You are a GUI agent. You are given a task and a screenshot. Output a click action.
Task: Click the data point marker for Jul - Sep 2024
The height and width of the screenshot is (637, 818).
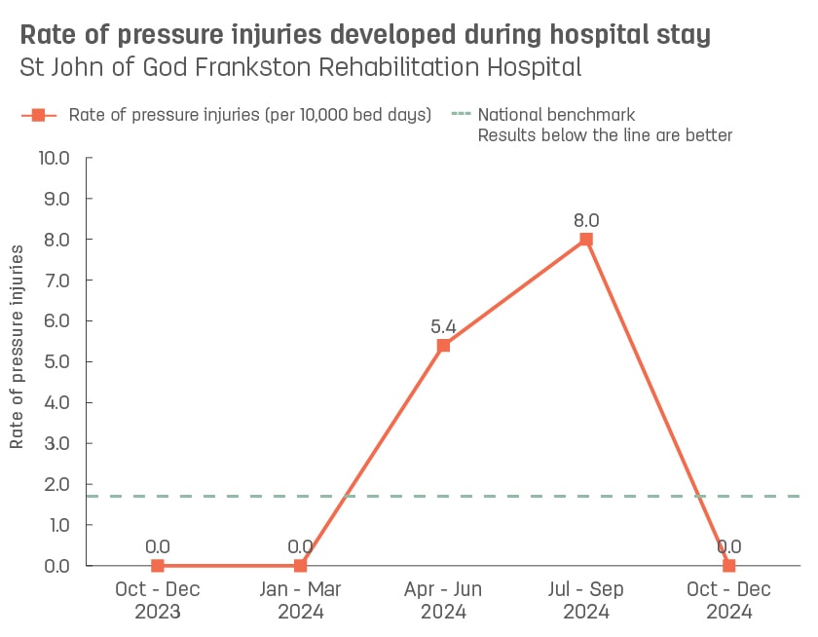(x=586, y=240)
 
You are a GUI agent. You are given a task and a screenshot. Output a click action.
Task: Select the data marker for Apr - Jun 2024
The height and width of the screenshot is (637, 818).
(x=443, y=346)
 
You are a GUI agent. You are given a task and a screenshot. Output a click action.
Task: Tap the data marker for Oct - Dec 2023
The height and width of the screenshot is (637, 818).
(x=158, y=565)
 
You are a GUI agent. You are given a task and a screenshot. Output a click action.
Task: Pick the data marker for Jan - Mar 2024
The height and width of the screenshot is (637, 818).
(x=300, y=565)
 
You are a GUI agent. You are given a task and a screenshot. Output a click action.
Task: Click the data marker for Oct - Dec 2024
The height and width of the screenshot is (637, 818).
(x=728, y=565)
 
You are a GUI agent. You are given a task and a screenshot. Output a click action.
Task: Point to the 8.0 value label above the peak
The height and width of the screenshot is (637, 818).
(x=586, y=220)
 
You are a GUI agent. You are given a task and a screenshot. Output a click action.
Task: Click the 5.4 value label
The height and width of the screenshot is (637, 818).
(x=443, y=326)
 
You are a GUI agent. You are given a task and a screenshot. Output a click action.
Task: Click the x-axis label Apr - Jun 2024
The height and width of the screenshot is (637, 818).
(x=443, y=601)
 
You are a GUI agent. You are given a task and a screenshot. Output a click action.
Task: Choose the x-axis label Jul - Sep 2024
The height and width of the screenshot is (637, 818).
(x=586, y=601)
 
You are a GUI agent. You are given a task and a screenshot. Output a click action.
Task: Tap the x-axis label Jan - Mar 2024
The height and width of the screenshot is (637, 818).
(x=300, y=601)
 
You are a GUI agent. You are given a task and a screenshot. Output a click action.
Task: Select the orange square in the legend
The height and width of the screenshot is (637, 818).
(x=38, y=115)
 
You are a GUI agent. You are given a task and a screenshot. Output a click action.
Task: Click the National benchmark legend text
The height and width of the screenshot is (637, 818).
(x=556, y=115)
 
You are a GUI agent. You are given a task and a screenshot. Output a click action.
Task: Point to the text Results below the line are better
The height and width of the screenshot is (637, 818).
(x=605, y=135)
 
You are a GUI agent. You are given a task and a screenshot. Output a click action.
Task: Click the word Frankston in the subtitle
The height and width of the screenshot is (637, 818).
(x=242, y=68)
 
